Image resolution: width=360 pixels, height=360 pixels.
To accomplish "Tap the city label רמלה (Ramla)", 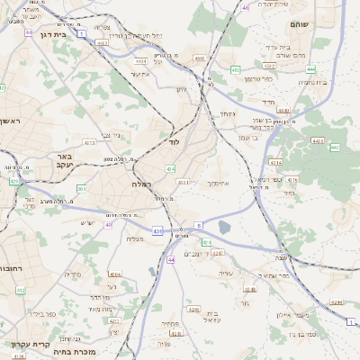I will coord(142,183).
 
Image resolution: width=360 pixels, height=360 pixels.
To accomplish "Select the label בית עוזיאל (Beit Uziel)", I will coord(213,317).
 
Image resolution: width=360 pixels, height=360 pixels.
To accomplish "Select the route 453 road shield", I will coord(235,69).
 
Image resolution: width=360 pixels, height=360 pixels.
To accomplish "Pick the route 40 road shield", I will coord(108,225).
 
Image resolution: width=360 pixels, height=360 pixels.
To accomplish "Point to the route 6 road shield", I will coord(198,225).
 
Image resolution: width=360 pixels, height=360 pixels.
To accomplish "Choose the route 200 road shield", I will coord(82,189).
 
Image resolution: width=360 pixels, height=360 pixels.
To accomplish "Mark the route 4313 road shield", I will coord(89,142).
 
